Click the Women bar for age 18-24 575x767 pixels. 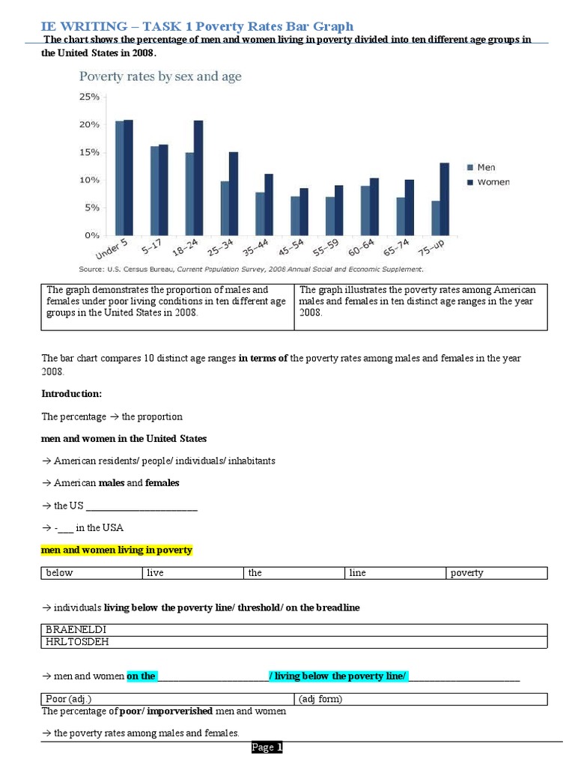click(x=198, y=178)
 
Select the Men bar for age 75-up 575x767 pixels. click(x=436, y=218)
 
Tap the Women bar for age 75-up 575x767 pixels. click(x=444, y=199)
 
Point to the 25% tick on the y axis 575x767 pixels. click(x=89, y=97)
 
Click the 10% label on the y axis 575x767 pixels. click(x=89, y=181)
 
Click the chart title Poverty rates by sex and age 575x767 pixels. click(x=160, y=76)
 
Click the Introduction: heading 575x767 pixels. click(x=71, y=393)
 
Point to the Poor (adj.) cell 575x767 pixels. click(x=168, y=699)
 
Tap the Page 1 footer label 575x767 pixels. click(x=267, y=748)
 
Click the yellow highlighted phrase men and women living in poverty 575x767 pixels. click(x=116, y=550)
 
